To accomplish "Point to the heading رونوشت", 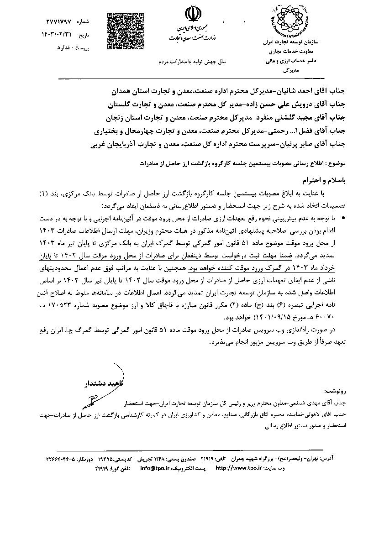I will tap(336, 391).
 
